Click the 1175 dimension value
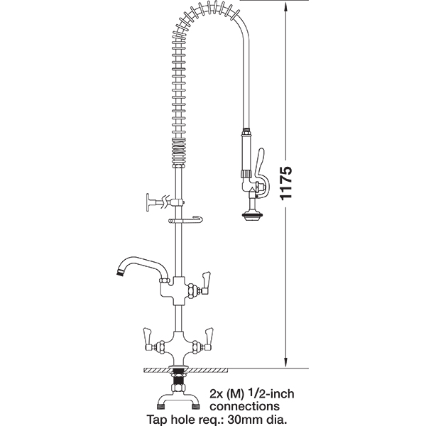click(286, 183)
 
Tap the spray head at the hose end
click(252, 215)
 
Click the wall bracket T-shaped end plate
click(148, 202)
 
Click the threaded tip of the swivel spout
click(119, 273)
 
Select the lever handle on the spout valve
click(206, 283)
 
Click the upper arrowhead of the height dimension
click(286, 8)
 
